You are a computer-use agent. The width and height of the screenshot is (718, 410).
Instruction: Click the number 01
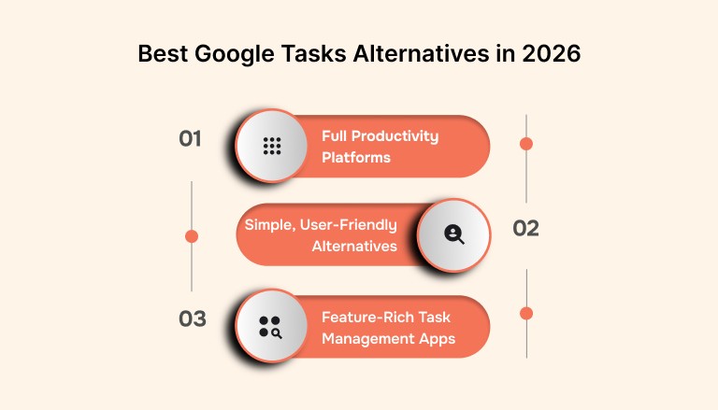tap(191, 139)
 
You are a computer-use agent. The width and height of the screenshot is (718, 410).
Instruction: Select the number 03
tap(192, 318)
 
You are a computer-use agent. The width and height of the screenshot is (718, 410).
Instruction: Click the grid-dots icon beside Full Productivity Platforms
tap(272, 146)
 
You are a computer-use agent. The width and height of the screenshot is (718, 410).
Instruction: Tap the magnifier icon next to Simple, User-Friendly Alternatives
tap(454, 234)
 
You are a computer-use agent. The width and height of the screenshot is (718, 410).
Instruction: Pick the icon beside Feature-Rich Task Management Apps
tap(271, 326)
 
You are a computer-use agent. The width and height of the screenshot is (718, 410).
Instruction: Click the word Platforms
tap(356, 158)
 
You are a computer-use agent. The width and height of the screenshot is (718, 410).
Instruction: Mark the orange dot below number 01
tap(192, 236)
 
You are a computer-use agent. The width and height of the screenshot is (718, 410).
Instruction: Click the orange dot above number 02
tap(526, 144)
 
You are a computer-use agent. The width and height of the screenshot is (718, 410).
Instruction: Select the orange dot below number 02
tap(526, 313)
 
